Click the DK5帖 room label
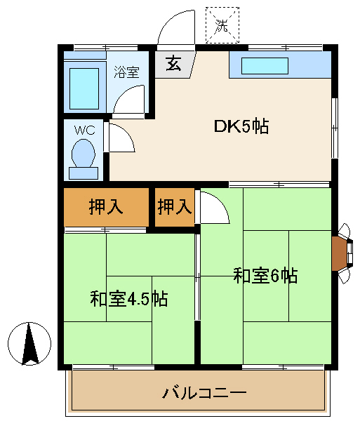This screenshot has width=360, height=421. pyautogui.click(x=241, y=126)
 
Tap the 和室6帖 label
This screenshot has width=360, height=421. pyautogui.click(x=265, y=276)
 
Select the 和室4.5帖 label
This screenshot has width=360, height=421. pyautogui.click(x=129, y=298)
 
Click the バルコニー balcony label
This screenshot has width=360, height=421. pyautogui.click(x=204, y=393)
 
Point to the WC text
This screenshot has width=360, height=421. pyautogui.click(x=85, y=131)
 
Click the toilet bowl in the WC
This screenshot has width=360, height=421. pyautogui.click(x=84, y=153)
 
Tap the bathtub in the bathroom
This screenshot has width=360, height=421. pyautogui.click(x=84, y=88)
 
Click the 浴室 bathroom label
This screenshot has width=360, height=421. pyautogui.click(x=126, y=72)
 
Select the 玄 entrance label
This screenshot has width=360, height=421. pyautogui.click(x=173, y=64)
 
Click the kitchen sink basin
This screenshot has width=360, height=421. pyautogui.click(x=265, y=66)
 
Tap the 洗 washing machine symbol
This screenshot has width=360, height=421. pyautogui.click(x=222, y=25)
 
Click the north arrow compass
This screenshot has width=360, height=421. pyautogui.click(x=29, y=344)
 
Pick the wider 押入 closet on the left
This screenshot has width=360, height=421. pyautogui.click(x=106, y=207)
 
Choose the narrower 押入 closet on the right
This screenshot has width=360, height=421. pyautogui.click(x=175, y=207)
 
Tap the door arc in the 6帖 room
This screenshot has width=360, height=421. pyautogui.click(x=220, y=202)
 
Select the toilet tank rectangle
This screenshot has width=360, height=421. pyautogui.click(x=84, y=173)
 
